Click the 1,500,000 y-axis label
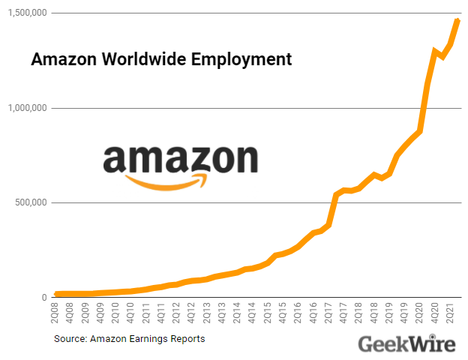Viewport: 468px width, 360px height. [x=26, y=13]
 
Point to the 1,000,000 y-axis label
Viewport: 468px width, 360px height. [x=26, y=108]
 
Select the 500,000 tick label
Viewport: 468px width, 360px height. [x=31, y=202]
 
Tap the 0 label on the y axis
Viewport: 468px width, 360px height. [x=44, y=298]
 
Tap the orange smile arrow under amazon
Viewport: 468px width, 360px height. [x=166, y=181]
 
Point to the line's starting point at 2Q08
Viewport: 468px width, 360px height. [x=56, y=294]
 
